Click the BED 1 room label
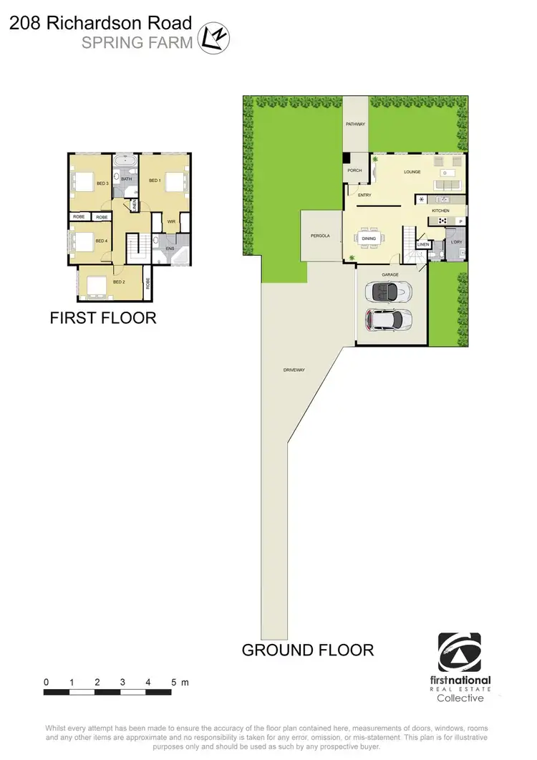[x=155, y=181]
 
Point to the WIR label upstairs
[x=171, y=222]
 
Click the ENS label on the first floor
[x=170, y=249]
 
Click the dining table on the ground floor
[x=369, y=239]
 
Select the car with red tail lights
[x=387, y=320]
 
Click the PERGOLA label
[x=320, y=236]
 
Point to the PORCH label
[x=354, y=170]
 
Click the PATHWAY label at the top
[x=356, y=124]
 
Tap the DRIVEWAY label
[x=294, y=370]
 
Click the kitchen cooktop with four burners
[x=422, y=199]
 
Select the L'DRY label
[x=455, y=242]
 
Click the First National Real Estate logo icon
[x=465, y=652]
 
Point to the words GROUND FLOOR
[x=307, y=650]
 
